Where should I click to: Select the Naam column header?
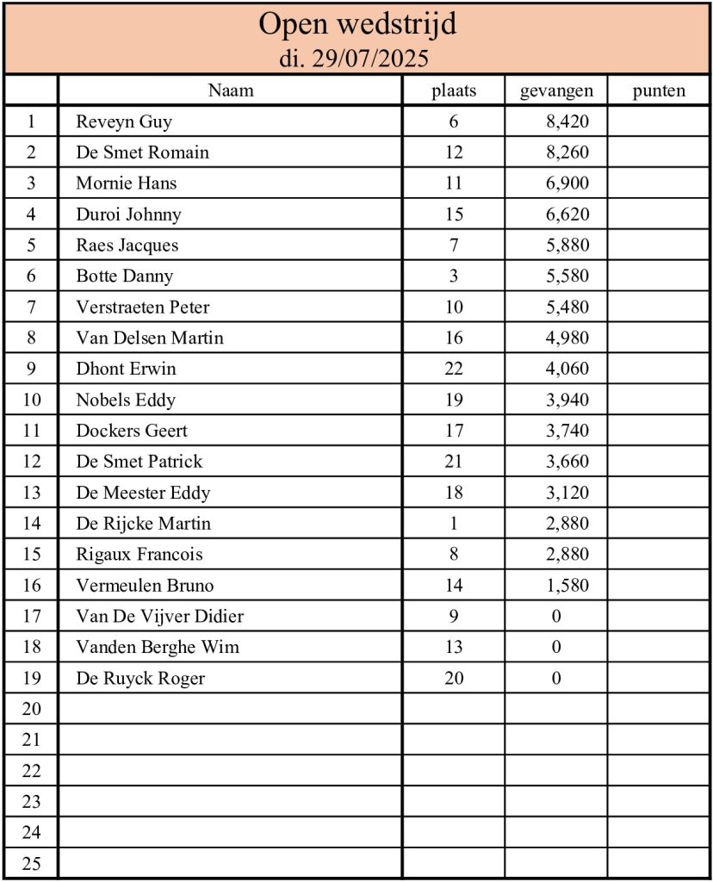(231, 90)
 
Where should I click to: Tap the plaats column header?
(454, 90)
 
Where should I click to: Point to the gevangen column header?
(556, 90)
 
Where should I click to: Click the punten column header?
(659, 90)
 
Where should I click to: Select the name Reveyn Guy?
(124, 121)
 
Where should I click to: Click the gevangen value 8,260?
(567, 152)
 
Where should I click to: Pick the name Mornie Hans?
(127, 183)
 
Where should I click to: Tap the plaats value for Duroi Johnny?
(454, 214)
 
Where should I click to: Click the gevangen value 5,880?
(567, 245)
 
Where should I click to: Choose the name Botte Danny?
(125, 276)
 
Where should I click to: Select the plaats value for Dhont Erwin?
(454, 369)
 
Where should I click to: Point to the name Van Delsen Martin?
(150, 338)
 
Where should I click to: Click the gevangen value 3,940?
(567, 400)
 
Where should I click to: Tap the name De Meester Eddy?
(143, 493)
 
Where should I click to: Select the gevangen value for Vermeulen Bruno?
(567, 586)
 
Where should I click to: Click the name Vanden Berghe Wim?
(158, 647)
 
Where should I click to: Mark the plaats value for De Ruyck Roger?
(454, 678)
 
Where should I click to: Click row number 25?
(31, 864)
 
